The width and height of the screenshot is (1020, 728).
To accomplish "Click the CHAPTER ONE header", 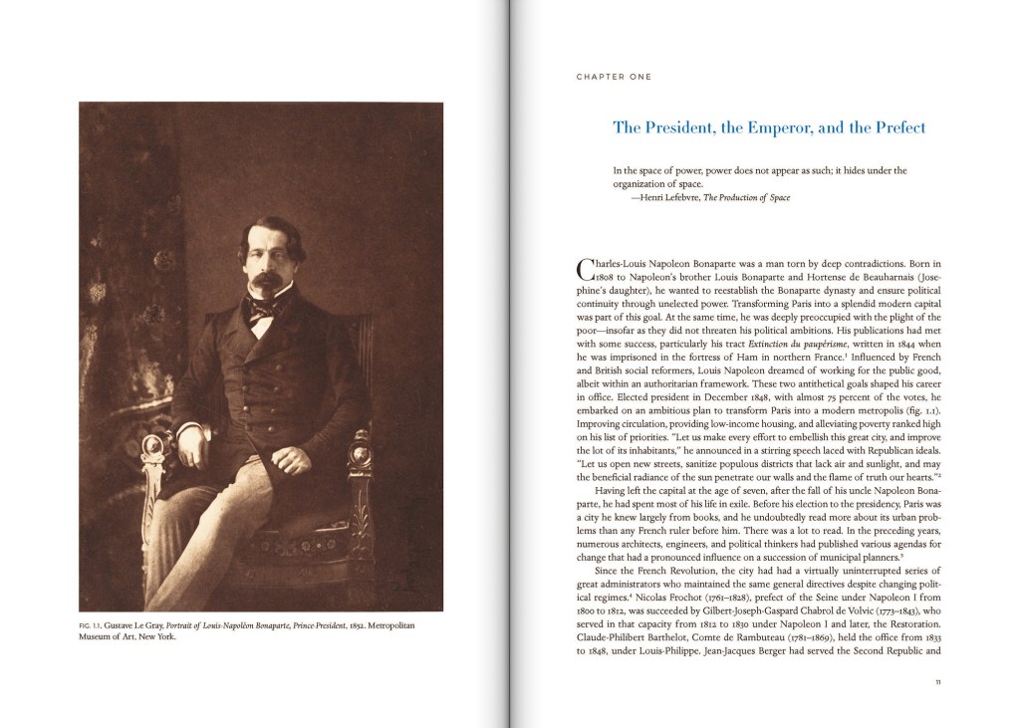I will coord(614,77).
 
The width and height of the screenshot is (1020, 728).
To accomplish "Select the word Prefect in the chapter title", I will coord(899,127).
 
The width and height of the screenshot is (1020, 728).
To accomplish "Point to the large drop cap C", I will coord(585,268).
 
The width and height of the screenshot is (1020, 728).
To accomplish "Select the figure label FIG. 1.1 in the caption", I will coord(91,625).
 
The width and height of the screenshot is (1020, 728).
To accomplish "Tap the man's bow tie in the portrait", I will coord(262,308).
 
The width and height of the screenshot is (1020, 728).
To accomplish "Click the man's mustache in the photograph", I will coord(266,280).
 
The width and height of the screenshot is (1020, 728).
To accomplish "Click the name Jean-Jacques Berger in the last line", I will coord(807,651).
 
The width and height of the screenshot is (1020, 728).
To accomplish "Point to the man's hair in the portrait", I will coord(270,232).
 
